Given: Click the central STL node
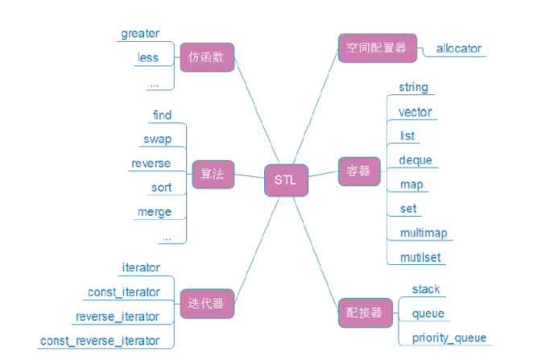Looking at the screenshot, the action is [285, 180].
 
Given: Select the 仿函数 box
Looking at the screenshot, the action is [206, 58].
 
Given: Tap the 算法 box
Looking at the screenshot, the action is [212, 172].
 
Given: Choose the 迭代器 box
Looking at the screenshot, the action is [206, 304].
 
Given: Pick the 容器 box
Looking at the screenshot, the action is [359, 172].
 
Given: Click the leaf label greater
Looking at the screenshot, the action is [140, 34].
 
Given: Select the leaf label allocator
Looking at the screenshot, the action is [459, 48].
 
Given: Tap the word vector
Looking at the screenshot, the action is [416, 112].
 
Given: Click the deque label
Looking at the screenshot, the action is [416, 160].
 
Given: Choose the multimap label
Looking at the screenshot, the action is [424, 233].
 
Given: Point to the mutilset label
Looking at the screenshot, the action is [421, 258].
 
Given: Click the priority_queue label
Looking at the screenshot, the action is [449, 337].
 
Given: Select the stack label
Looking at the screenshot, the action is [426, 289].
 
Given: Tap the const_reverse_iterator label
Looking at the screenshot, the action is [99, 341].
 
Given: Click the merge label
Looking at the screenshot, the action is [155, 212].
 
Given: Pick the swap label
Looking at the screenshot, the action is [158, 139].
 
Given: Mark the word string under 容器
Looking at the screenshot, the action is [414, 87].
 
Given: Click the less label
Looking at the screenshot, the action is [148, 58].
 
